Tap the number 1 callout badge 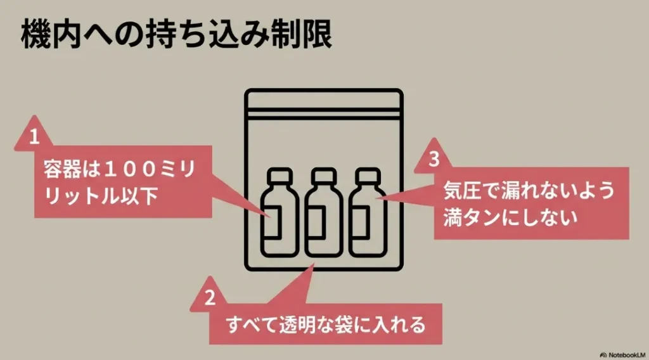coord(34,135)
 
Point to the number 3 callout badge coord(434,158)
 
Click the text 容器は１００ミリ coord(120,169)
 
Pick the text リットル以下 coord(101,196)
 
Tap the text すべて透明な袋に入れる coord(326,325)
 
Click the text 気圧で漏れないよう coord(529,190)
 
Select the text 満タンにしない coord(510,217)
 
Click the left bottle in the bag coord(280,213)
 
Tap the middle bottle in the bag coord(324,213)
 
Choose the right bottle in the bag coord(368,213)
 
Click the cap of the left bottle coord(280,176)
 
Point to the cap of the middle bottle coord(324,176)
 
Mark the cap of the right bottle coord(368,176)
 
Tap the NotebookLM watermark coord(622,355)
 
